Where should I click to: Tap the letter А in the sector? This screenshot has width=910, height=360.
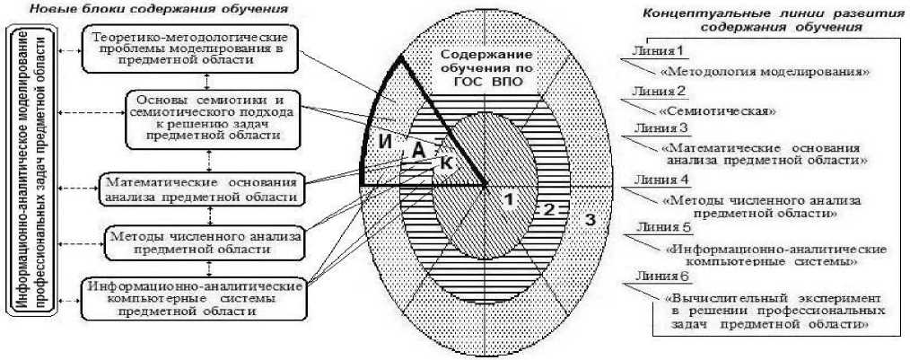click(417, 153)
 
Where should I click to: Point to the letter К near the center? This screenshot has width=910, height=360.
click(446, 163)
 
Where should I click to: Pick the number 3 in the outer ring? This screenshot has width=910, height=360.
click(590, 219)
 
